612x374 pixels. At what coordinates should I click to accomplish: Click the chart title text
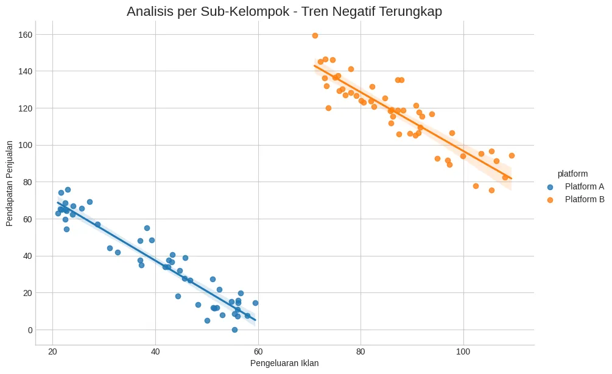[284, 11]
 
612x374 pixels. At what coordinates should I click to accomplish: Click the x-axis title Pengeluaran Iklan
[284, 363]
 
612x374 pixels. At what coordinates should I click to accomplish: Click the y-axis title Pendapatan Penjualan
[10, 183]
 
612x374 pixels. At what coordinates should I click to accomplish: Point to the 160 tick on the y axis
[25, 35]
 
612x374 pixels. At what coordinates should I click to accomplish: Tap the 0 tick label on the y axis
[29, 330]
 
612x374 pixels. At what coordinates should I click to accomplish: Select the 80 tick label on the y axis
[27, 182]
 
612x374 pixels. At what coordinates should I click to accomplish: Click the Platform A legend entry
[584, 186]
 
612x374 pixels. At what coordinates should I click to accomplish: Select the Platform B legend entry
[584, 199]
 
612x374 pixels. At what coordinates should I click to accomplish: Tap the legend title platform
[572, 174]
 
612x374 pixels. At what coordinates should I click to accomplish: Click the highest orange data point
[315, 35]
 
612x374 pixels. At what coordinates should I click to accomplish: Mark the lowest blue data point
[234, 330]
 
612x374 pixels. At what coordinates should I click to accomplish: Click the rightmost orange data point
[512, 155]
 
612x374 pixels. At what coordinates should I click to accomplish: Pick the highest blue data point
[68, 189]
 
